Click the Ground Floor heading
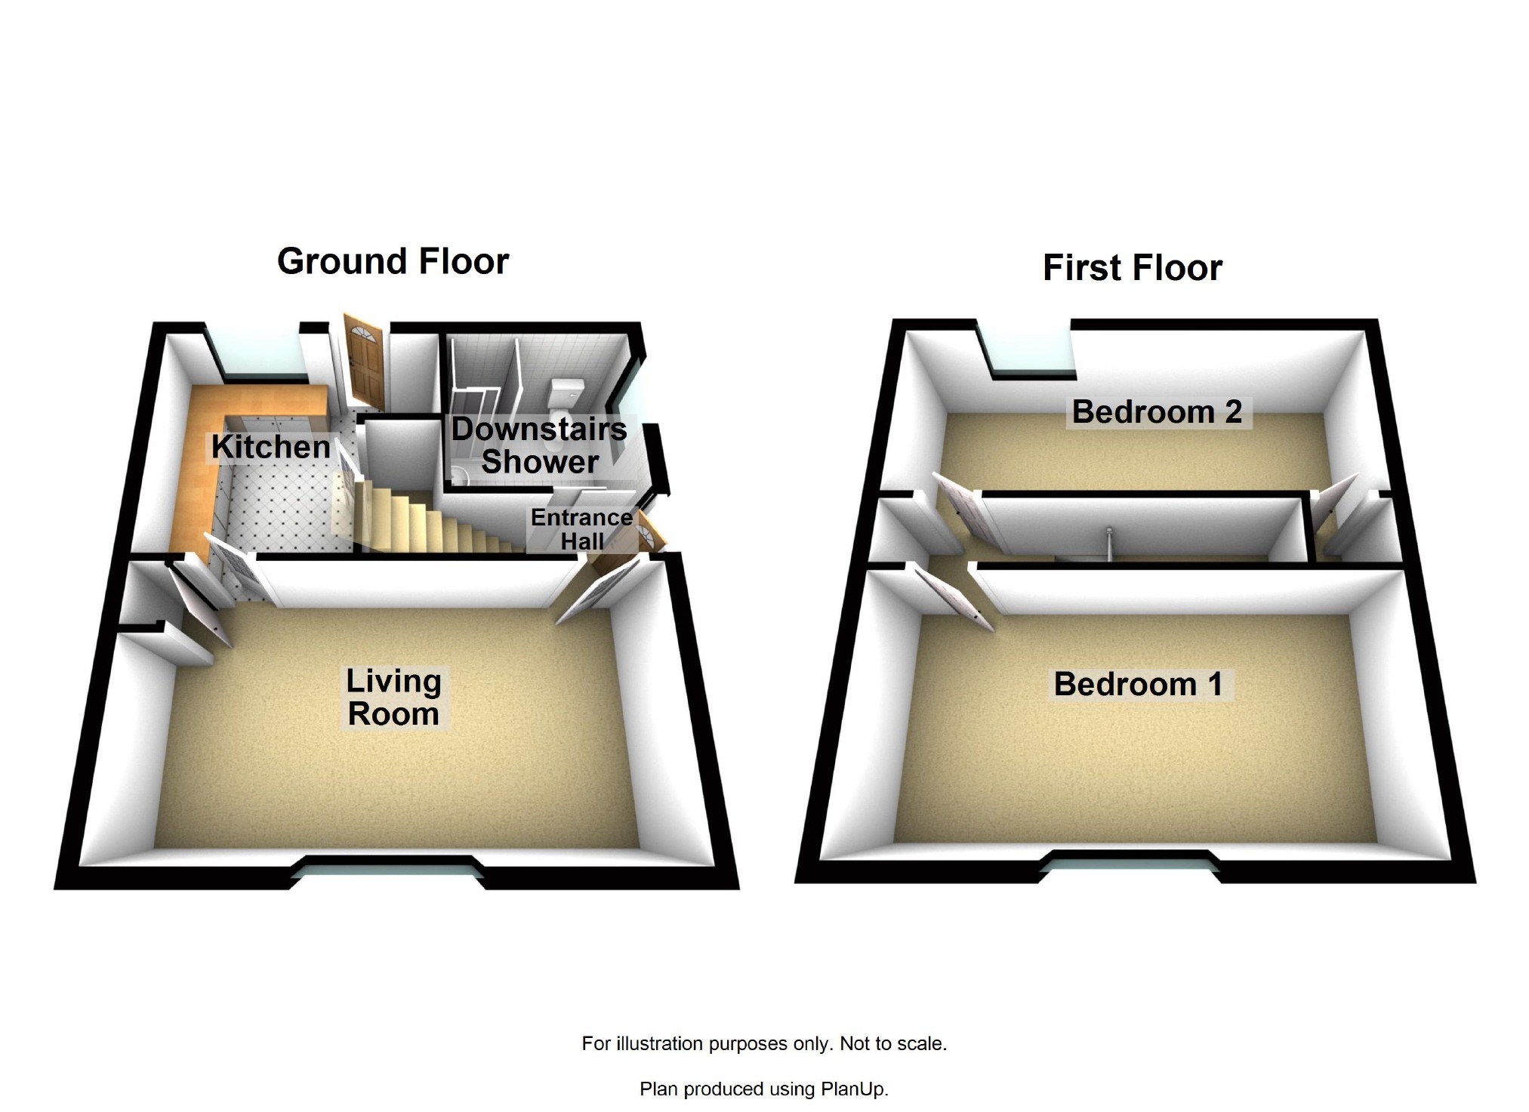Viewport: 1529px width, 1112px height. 393,262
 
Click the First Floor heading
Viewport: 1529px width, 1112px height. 1132,269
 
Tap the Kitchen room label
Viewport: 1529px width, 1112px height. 270,447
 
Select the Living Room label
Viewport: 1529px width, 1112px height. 393,698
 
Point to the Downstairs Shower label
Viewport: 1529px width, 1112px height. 539,445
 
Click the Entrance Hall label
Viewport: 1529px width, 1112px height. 581,529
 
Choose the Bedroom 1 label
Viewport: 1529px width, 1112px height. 1138,685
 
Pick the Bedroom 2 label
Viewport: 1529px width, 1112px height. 1157,412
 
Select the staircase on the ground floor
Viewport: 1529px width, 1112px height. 423,521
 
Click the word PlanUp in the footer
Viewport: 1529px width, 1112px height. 853,1089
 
